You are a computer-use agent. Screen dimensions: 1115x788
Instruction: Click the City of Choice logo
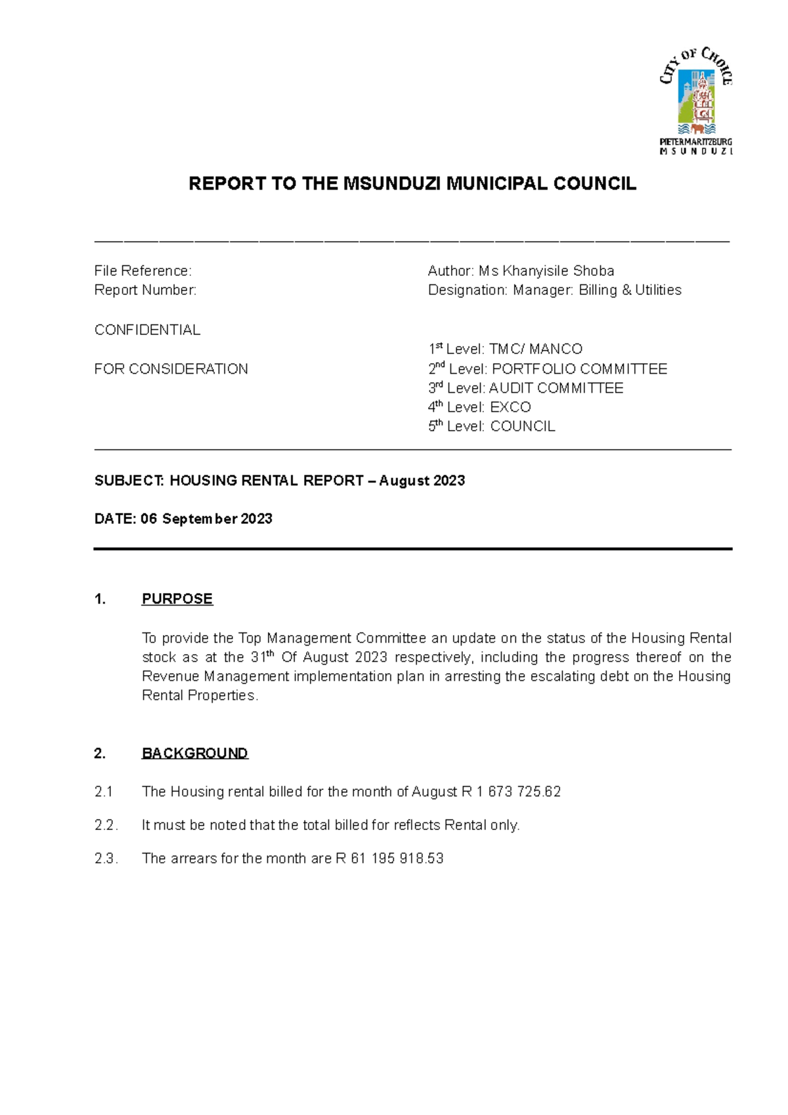tap(696, 100)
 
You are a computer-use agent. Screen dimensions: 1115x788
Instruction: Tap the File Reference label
tap(142, 271)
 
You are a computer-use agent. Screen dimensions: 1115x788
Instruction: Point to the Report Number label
tap(145, 290)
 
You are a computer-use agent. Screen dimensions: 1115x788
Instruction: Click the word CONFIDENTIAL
tap(147, 330)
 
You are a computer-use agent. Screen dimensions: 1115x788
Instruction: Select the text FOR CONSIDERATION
tap(171, 369)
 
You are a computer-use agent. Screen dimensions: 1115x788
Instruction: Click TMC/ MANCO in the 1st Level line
tap(536, 349)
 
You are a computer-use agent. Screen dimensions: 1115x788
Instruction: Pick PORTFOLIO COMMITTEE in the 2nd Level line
tap(579, 369)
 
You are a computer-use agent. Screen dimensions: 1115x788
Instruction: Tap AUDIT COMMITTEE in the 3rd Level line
tap(556, 388)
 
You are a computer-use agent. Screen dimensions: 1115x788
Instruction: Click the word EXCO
tap(510, 407)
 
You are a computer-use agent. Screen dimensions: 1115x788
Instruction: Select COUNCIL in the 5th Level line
tap(523, 426)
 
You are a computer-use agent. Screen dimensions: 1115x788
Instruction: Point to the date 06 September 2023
tap(206, 519)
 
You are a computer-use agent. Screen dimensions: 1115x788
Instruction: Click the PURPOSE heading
tap(177, 599)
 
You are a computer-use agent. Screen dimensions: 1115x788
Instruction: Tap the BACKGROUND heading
tap(194, 753)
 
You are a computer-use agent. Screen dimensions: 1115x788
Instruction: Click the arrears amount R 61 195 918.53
tap(389, 858)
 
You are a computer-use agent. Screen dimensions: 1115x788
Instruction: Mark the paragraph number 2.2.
tap(106, 825)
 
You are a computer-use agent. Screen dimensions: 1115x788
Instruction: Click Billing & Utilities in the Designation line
tap(630, 290)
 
